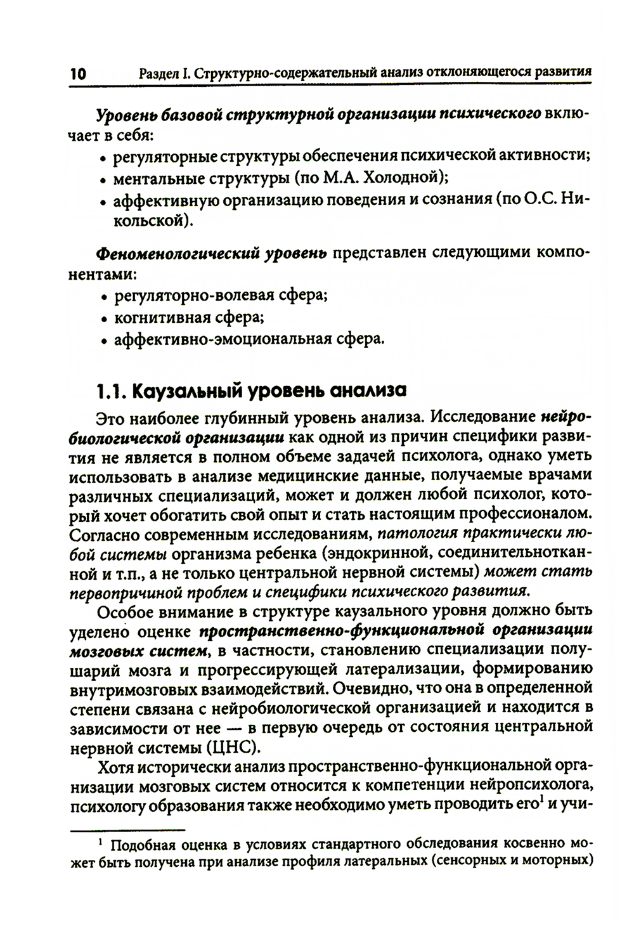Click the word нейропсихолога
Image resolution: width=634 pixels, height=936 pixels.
[x=531, y=786]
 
